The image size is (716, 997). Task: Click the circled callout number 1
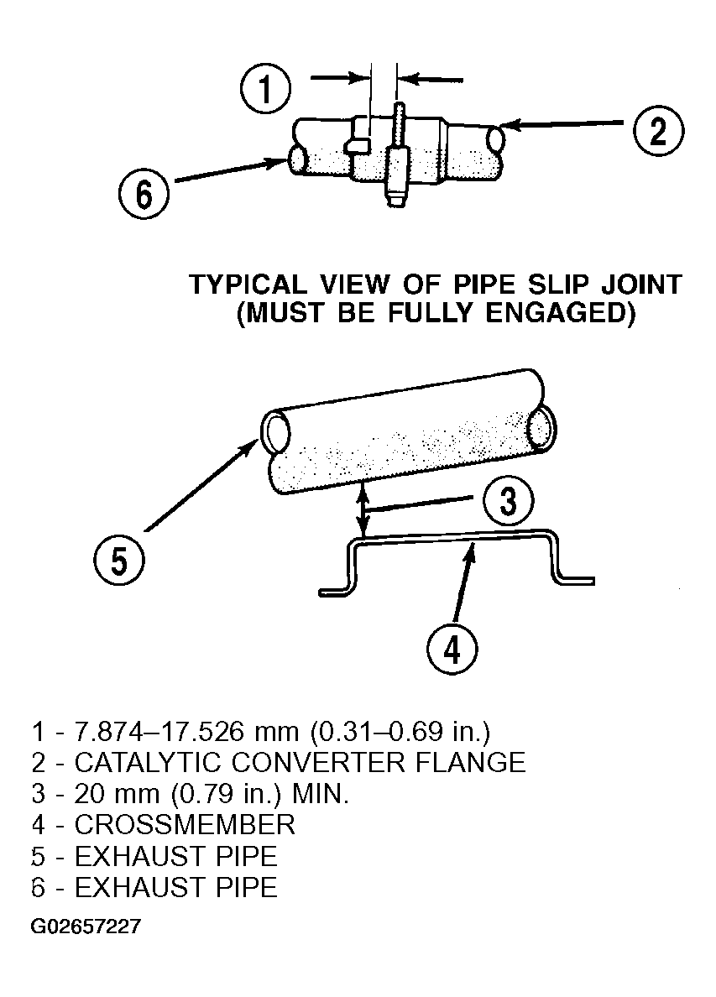click(266, 88)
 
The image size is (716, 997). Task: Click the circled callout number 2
click(659, 131)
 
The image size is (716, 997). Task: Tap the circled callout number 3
click(508, 501)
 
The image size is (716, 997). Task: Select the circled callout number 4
click(452, 650)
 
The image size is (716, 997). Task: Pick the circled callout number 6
click(144, 193)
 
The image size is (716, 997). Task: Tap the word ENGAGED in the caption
click(556, 314)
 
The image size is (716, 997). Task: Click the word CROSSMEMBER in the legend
click(185, 825)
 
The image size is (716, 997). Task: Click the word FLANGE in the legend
click(471, 762)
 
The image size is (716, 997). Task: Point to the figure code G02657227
click(86, 926)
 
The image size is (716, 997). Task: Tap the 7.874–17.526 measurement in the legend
click(159, 732)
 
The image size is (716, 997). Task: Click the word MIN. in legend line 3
click(321, 794)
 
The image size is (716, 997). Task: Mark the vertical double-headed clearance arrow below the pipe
click(363, 509)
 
